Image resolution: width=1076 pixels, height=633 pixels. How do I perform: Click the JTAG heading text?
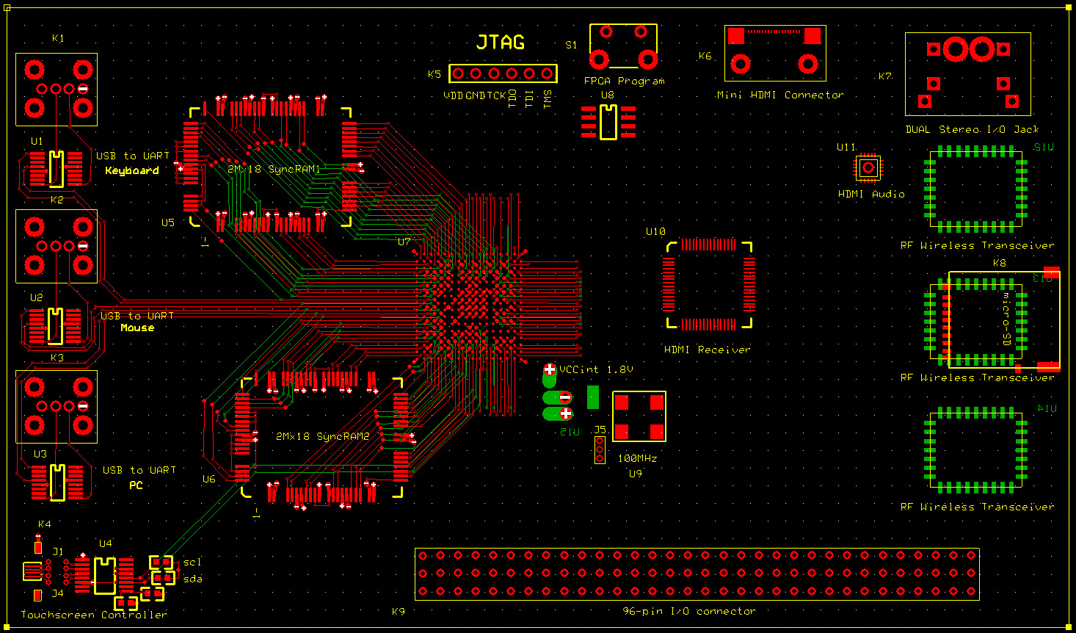coord(501,43)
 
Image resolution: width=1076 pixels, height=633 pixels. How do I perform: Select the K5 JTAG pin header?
coord(503,73)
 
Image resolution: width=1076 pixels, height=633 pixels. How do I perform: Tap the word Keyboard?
coord(132,170)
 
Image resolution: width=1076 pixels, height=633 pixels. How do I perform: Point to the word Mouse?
coord(137,328)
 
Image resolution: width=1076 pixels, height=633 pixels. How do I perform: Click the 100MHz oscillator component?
coord(639,416)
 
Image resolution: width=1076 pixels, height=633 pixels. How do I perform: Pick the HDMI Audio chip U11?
coord(868,168)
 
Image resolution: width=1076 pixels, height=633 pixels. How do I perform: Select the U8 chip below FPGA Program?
coord(608,122)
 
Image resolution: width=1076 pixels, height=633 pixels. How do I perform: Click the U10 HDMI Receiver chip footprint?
coord(709,284)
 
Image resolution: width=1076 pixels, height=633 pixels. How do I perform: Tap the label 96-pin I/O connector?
coord(688,611)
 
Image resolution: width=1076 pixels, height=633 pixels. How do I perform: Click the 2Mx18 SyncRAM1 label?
coord(273,169)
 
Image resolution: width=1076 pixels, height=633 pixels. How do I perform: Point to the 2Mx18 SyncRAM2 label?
coord(322,436)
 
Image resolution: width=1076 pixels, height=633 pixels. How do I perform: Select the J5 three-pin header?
coord(600,449)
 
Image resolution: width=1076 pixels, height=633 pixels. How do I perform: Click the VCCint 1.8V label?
coord(596,369)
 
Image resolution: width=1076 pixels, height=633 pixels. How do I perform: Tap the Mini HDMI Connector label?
coord(779,95)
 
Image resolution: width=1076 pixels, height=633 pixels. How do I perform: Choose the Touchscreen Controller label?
coord(93,615)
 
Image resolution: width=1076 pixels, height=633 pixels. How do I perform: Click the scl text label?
coord(192,563)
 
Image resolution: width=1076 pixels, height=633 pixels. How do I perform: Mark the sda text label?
coord(192,579)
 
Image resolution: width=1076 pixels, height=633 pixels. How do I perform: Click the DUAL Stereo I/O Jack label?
coord(972,129)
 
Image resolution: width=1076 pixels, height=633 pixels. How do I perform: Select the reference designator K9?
coord(398,611)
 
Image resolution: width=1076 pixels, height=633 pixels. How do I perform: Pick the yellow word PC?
coord(136,485)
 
